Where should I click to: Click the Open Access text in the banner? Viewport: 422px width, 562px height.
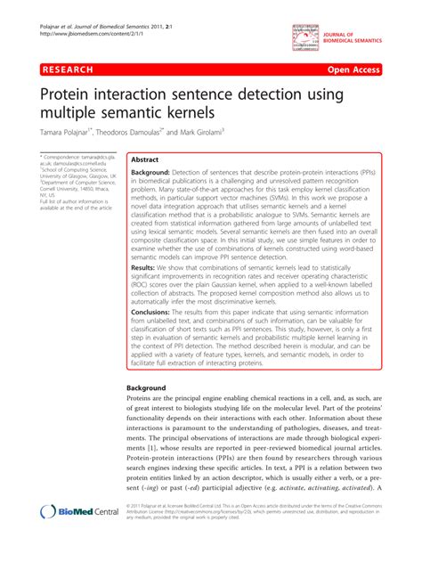pos(379,69)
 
